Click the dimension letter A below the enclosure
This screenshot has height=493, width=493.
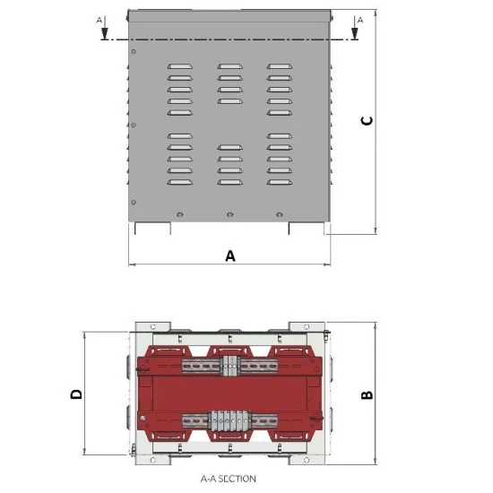pyautogui.click(x=230, y=255)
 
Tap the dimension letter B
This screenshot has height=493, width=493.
pyautogui.click(x=366, y=394)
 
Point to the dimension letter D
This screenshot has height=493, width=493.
pyautogui.click(x=76, y=394)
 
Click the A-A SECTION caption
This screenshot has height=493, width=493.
pyautogui.click(x=229, y=479)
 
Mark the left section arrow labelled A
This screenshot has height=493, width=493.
pyautogui.click(x=104, y=30)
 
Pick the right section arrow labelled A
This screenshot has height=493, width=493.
pyautogui.click(x=356, y=30)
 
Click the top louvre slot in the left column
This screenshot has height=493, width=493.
pyautogui.click(x=179, y=66)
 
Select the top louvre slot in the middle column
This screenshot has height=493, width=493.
pyautogui.click(x=229, y=66)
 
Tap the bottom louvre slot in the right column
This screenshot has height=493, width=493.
pyautogui.click(x=279, y=182)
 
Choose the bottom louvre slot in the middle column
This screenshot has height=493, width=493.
pyautogui.click(x=229, y=182)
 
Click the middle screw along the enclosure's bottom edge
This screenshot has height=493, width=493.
pyautogui.click(x=230, y=214)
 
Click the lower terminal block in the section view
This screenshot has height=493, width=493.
pyautogui.click(x=229, y=420)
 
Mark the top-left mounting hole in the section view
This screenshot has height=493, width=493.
pyautogui.click(x=153, y=325)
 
